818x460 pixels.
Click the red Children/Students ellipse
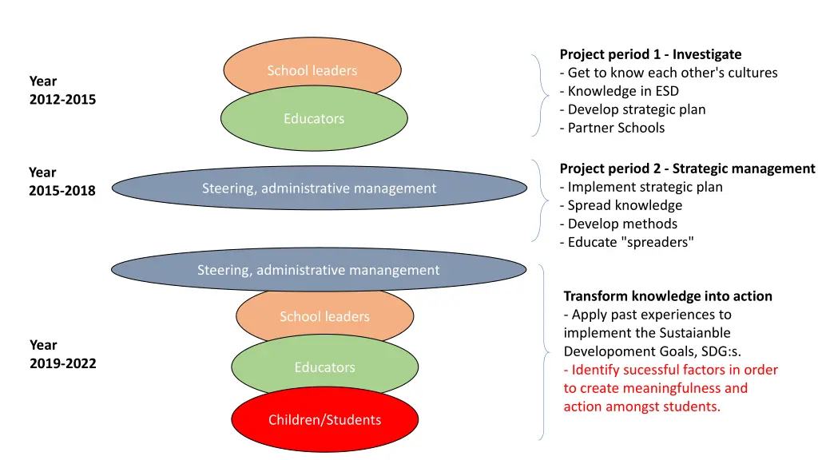[x=324, y=420]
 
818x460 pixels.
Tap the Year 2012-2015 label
[x=62, y=90]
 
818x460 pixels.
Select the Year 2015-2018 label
[x=62, y=181]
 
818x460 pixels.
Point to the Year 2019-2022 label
[x=62, y=354]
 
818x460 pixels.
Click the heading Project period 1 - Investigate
[x=650, y=54]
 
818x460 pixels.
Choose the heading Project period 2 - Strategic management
[x=687, y=169]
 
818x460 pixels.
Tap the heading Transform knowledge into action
[x=668, y=295]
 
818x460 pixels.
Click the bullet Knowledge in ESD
[x=619, y=91]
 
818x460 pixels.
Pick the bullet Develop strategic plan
[x=633, y=109]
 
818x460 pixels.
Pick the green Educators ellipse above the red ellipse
[x=324, y=367]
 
